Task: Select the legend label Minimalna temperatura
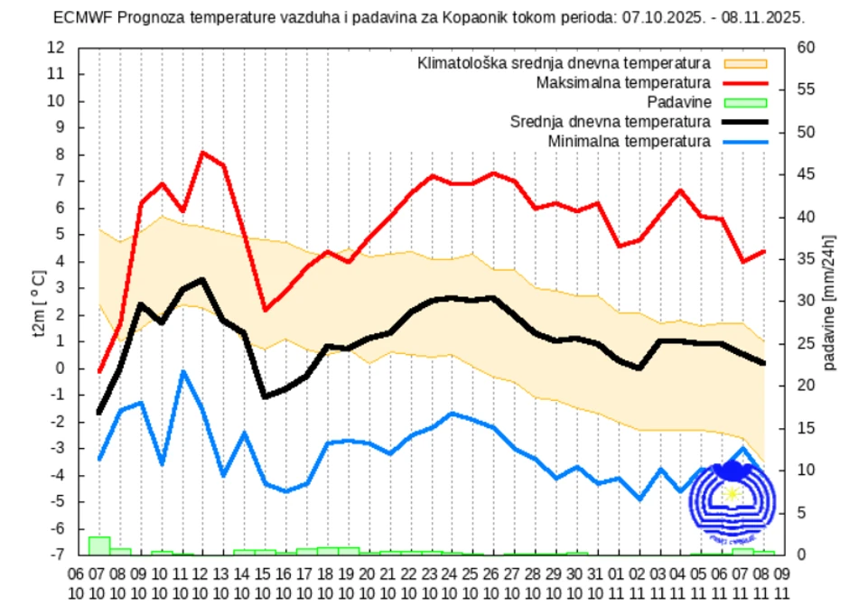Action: [x=629, y=142]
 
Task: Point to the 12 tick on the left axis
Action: [x=56, y=47]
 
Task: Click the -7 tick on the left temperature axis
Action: [x=56, y=555]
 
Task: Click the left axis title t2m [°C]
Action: [x=37, y=302]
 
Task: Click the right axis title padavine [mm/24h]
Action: [x=828, y=302]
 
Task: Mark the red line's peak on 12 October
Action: [x=202, y=153]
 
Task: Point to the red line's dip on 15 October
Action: [x=265, y=310]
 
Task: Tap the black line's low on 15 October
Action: [x=265, y=396]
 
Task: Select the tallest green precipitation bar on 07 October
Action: [x=98, y=545]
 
